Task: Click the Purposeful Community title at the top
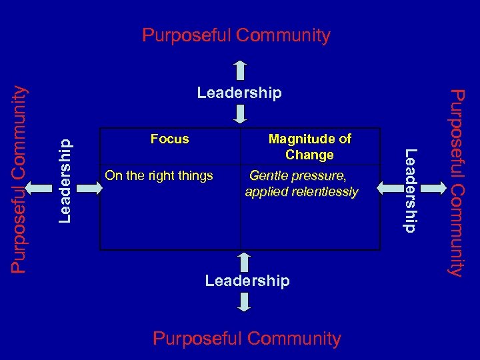[x=236, y=35]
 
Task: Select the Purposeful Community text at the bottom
[x=247, y=339]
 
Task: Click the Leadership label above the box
[x=239, y=93]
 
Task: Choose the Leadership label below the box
[x=247, y=281]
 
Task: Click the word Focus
[x=170, y=139]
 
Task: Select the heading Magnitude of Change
[x=309, y=147]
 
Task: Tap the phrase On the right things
[x=159, y=176]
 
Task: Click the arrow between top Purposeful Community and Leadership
[x=240, y=71]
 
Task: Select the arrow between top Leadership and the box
[x=240, y=115]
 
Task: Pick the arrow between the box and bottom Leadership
[x=244, y=261]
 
